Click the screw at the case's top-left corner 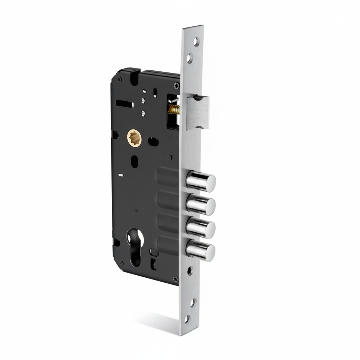coord(120,80)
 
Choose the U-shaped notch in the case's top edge coord(133,74)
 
